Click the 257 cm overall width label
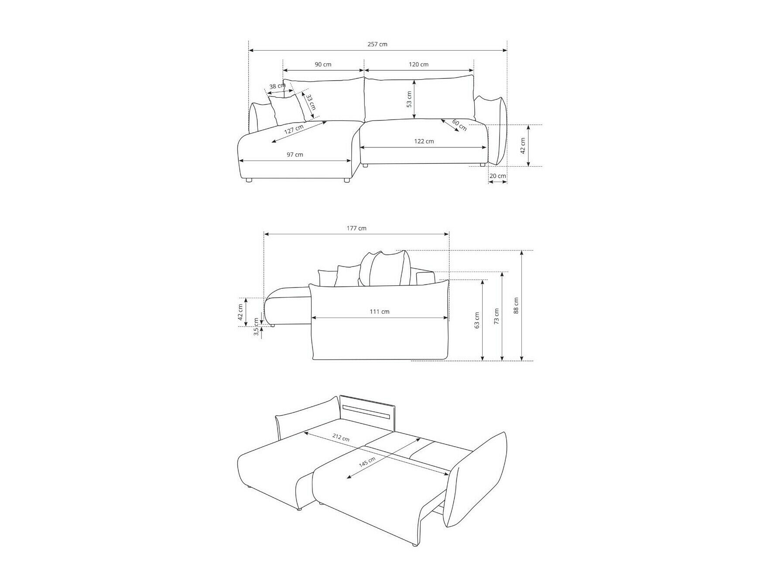[377, 44]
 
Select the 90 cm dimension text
[323, 64]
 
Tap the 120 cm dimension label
[418, 64]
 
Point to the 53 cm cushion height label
[409, 99]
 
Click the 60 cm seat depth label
[459, 125]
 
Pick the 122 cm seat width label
[424, 141]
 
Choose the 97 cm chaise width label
[295, 154]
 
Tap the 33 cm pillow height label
[310, 102]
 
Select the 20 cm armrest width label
[497, 176]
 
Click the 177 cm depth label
[356, 228]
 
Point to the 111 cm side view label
[380, 311]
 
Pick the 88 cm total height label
[516, 305]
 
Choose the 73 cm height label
[497, 316]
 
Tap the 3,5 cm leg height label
[256, 327]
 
